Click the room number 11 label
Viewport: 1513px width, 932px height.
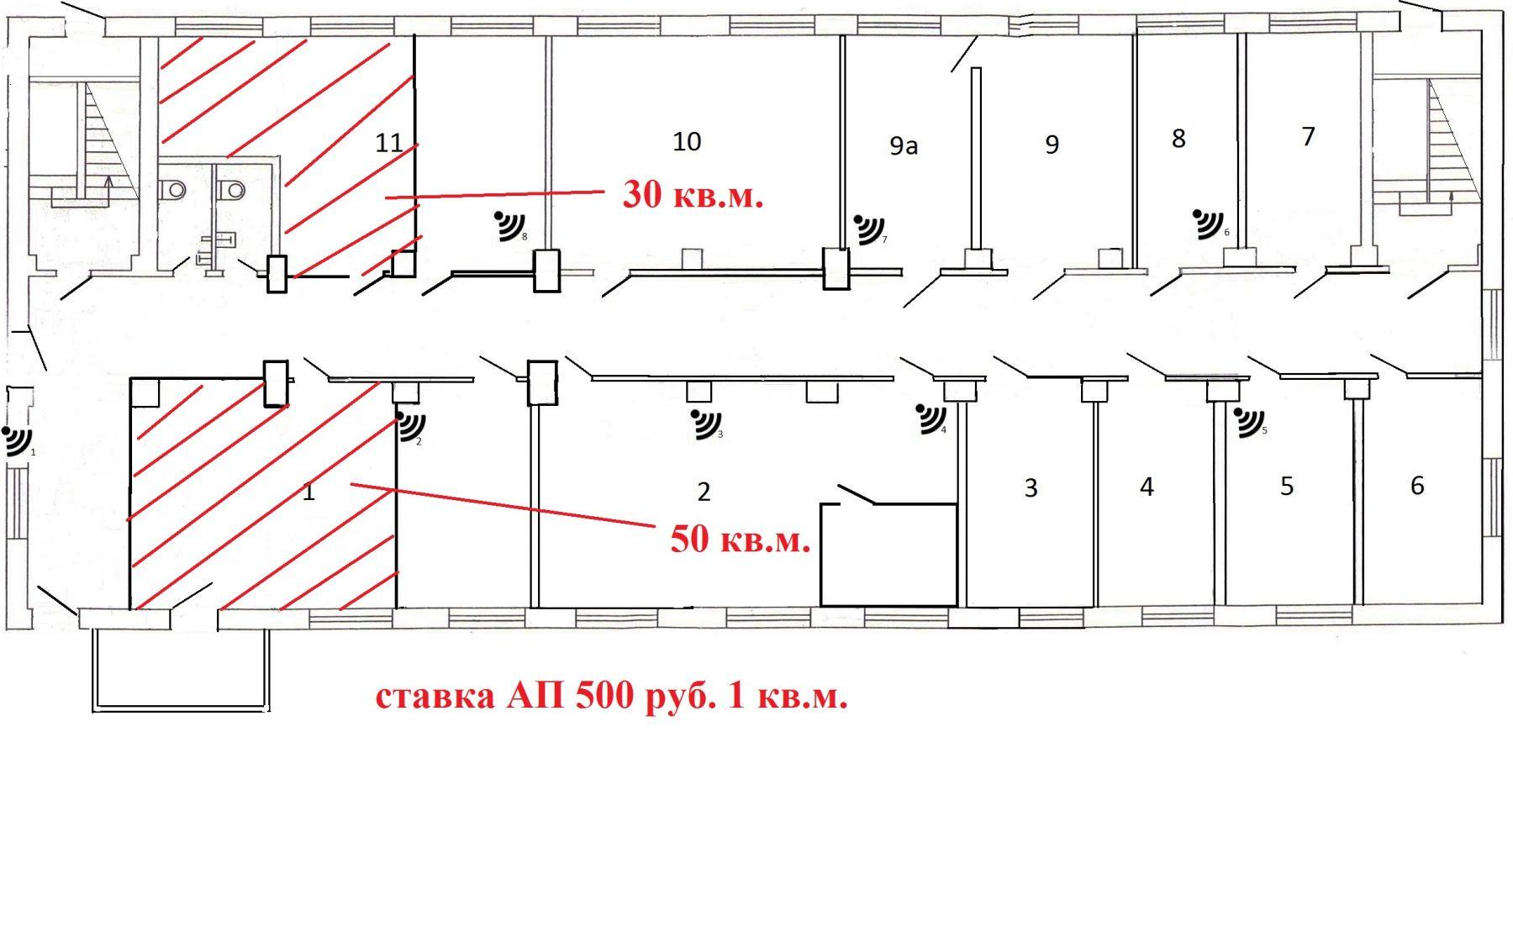click(388, 143)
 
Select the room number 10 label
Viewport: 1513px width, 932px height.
click(687, 141)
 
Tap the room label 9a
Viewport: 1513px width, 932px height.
click(904, 146)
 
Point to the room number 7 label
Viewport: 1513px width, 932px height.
click(1308, 136)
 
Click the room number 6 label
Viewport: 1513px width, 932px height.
click(1417, 486)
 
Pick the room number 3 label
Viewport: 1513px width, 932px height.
click(1031, 488)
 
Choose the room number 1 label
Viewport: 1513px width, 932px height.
click(308, 492)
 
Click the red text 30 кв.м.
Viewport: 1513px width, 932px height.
click(693, 195)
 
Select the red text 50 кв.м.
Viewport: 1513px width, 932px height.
click(741, 540)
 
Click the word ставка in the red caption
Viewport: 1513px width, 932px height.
click(435, 698)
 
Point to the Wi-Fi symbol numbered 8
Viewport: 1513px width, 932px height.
click(509, 225)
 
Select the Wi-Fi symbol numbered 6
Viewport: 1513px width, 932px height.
click(1210, 224)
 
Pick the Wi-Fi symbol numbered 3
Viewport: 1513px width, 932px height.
click(705, 424)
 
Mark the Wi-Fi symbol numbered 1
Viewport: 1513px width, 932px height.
click(18, 440)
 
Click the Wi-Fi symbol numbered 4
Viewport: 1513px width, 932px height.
click(931, 419)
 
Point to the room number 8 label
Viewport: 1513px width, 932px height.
click(1178, 139)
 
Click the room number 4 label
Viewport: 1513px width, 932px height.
click(1147, 487)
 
